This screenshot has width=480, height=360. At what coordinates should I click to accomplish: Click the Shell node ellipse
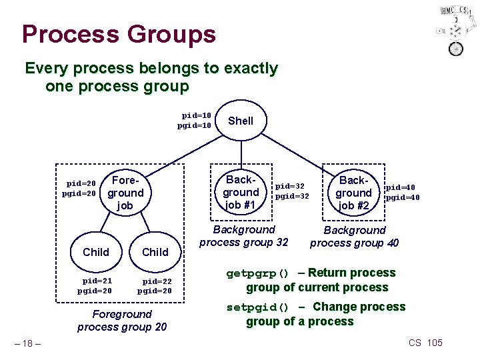tap(241, 121)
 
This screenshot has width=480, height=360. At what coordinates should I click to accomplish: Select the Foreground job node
tap(125, 193)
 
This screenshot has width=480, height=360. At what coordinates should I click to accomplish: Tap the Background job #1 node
tap(240, 192)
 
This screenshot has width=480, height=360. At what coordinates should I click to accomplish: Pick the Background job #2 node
tap(353, 193)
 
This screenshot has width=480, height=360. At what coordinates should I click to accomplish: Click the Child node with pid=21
tap(95, 252)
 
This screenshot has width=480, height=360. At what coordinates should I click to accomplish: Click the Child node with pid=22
tap(155, 252)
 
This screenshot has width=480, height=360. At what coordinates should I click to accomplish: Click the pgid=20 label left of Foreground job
tap(79, 193)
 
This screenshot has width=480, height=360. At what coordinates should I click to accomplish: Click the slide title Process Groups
tap(119, 34)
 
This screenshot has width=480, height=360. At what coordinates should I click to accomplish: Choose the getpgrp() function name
tap(257, 273)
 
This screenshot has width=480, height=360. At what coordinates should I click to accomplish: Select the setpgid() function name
tap(257, 307)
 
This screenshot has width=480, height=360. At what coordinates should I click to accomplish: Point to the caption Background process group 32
tap(243, 236)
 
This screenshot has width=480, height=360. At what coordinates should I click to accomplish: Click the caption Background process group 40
tap(354, 237)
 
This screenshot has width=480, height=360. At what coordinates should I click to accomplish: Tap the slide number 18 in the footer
tap(29, 343)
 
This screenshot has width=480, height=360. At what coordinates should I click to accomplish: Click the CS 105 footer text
tap(425, 343)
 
